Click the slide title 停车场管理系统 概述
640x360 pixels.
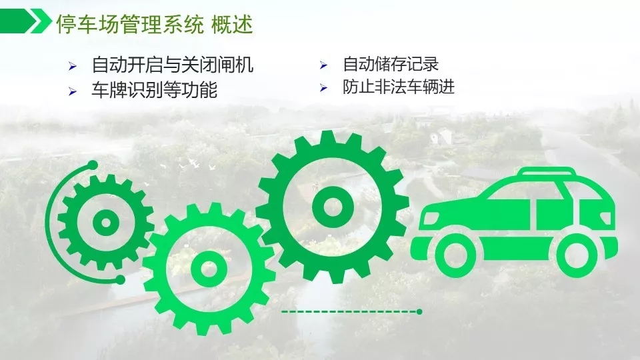click(154, 25)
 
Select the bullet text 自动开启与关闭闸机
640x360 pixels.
click(172, 65)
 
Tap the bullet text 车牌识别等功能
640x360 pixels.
click(154, 90)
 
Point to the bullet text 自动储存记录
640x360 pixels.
click(391, 64)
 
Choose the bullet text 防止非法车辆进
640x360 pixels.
click(399, 87)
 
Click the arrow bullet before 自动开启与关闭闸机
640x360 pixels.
click(73, 66)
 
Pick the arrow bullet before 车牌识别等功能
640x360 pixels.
click(73, 91)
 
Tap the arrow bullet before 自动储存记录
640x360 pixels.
click(324, 65)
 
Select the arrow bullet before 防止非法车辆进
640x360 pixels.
click(324, 88)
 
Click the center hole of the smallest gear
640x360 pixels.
click(106, 223)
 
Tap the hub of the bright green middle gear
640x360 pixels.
click(209, 269)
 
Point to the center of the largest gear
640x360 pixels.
click(332, 207)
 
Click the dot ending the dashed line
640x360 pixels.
click(419, 312)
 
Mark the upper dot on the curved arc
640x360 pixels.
click(93, 165)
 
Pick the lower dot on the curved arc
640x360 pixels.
click(120, 279)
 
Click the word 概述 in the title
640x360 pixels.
click(232, 25)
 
